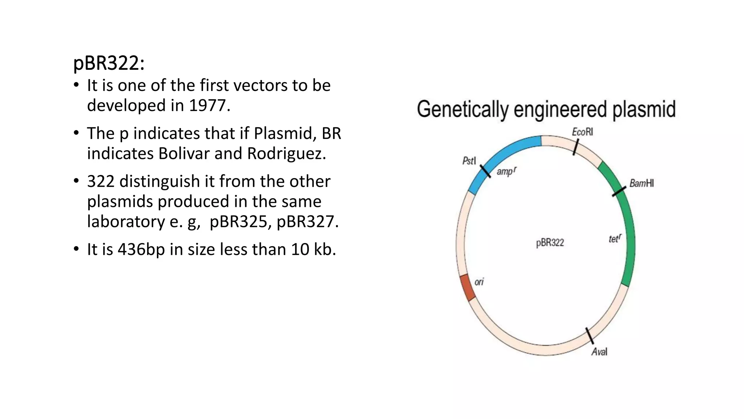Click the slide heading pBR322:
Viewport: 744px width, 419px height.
coord(109,63)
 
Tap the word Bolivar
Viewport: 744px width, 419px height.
coord(184,153)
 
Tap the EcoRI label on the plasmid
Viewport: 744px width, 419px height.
coord(582,132)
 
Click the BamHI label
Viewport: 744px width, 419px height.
coord(642,183)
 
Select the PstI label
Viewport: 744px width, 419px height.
coord(469,161)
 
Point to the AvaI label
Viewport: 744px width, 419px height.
coord(599,352)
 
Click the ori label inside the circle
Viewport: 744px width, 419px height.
coord(479,282)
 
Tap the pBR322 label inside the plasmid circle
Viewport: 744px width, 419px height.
coord(550,243)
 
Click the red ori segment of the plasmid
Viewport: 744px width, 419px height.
coord(467,288)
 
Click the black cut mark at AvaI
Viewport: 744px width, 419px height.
coord(590,335)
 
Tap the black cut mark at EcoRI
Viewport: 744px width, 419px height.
coord(575,147)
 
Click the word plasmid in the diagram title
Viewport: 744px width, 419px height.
coord(644,109)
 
